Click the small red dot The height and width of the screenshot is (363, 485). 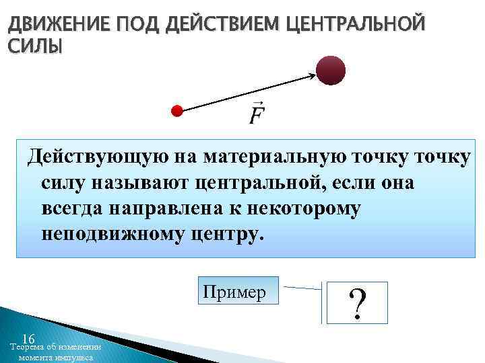177,111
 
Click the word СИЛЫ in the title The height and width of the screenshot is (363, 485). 34,46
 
